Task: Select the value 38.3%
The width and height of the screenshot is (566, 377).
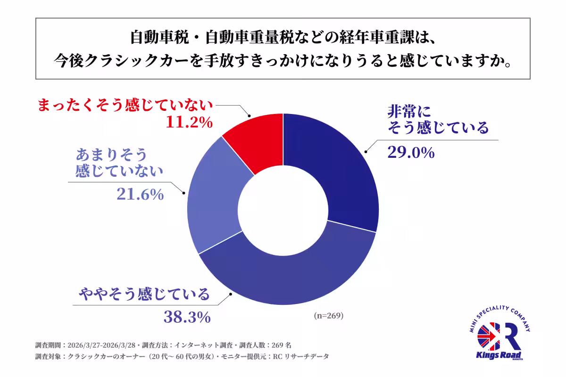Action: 187,317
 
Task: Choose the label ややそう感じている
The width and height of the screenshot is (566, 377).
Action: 144,295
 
